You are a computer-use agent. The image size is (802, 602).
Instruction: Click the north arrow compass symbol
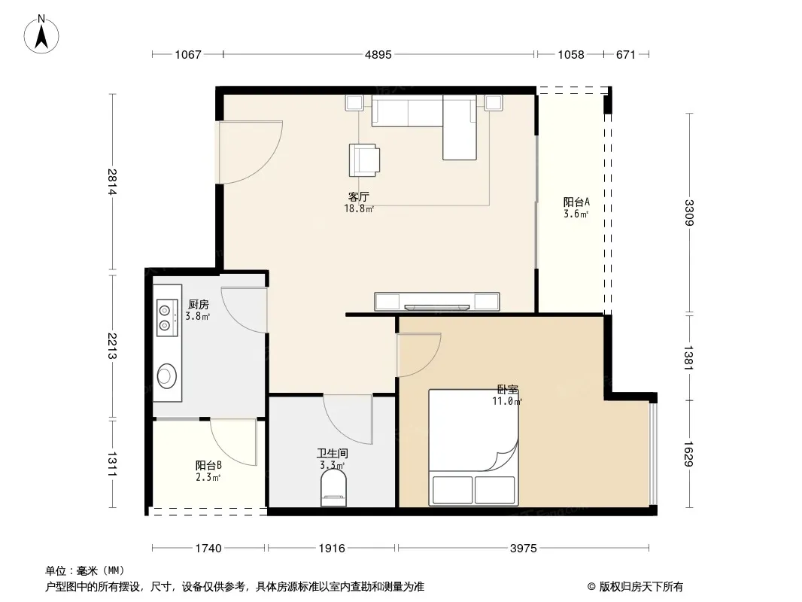(41, 35)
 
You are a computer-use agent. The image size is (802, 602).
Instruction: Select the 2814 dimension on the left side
(113, 182)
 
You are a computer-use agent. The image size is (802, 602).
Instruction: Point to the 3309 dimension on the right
(689, 213)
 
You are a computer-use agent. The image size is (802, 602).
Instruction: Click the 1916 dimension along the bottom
(332, 549)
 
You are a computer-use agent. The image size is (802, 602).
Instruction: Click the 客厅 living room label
(359, 197)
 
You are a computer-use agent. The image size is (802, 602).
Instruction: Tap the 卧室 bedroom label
(507, 390)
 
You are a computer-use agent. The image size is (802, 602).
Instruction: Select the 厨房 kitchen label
(199, 305)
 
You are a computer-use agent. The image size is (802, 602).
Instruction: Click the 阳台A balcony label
(576, 202)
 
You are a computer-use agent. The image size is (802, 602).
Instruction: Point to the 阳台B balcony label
(208, 466)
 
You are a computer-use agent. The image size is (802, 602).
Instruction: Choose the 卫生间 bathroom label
(332, 453)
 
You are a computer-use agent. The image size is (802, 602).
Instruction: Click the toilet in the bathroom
(333, 488)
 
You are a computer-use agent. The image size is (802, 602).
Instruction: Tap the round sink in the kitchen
(167, 376)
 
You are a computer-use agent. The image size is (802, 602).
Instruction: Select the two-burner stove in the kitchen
(167, 317)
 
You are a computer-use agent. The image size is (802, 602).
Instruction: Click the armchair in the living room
(364, 160)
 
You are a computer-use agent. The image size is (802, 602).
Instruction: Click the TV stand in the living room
(437, 302)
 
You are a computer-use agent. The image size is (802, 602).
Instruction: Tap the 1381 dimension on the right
(689, 357)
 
